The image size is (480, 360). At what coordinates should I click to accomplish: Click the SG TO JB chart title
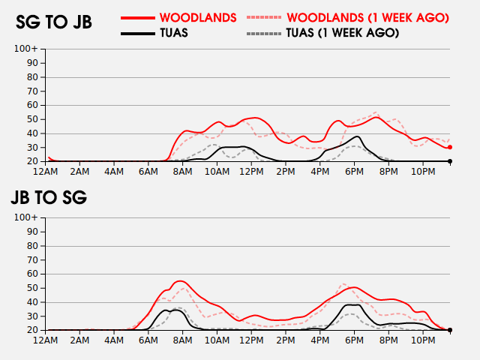click(54, 22)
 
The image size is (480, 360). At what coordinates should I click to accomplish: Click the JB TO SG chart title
click(49, 197)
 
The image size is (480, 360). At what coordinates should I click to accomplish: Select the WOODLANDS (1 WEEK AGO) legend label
click(367, 18)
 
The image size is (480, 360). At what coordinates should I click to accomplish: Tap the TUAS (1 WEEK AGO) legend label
click(343, 33)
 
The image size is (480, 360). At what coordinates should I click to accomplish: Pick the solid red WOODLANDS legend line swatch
click(138, 18)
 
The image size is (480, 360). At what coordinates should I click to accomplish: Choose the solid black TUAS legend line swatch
click(138, 33)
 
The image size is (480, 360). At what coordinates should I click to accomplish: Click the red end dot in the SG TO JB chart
click(450, 147)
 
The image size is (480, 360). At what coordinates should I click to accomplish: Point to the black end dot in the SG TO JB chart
click(450, 161)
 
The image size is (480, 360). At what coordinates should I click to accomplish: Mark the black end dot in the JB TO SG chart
click(450, 330)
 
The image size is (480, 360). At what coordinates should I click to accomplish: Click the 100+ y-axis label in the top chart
click(26, 49)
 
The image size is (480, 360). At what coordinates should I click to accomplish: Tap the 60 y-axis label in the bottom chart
click(32, 274)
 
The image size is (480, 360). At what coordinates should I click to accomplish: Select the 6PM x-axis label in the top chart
click(354, 172)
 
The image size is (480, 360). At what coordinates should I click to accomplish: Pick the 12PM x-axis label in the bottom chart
click(251, 340)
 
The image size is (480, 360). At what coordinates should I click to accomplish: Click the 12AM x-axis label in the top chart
click(45, 172)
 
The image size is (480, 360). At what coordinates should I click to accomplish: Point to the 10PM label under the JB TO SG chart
click(423, 340)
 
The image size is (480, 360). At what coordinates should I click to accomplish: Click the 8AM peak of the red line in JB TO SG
click(180, 281)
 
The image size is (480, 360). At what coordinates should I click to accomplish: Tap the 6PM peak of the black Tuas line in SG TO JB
click(357, 136)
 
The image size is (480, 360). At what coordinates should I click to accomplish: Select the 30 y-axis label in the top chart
click(32, 148)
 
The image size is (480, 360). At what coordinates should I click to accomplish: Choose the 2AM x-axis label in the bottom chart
click(79, 340)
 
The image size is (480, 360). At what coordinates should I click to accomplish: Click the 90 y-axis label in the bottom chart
click(32, 232)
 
